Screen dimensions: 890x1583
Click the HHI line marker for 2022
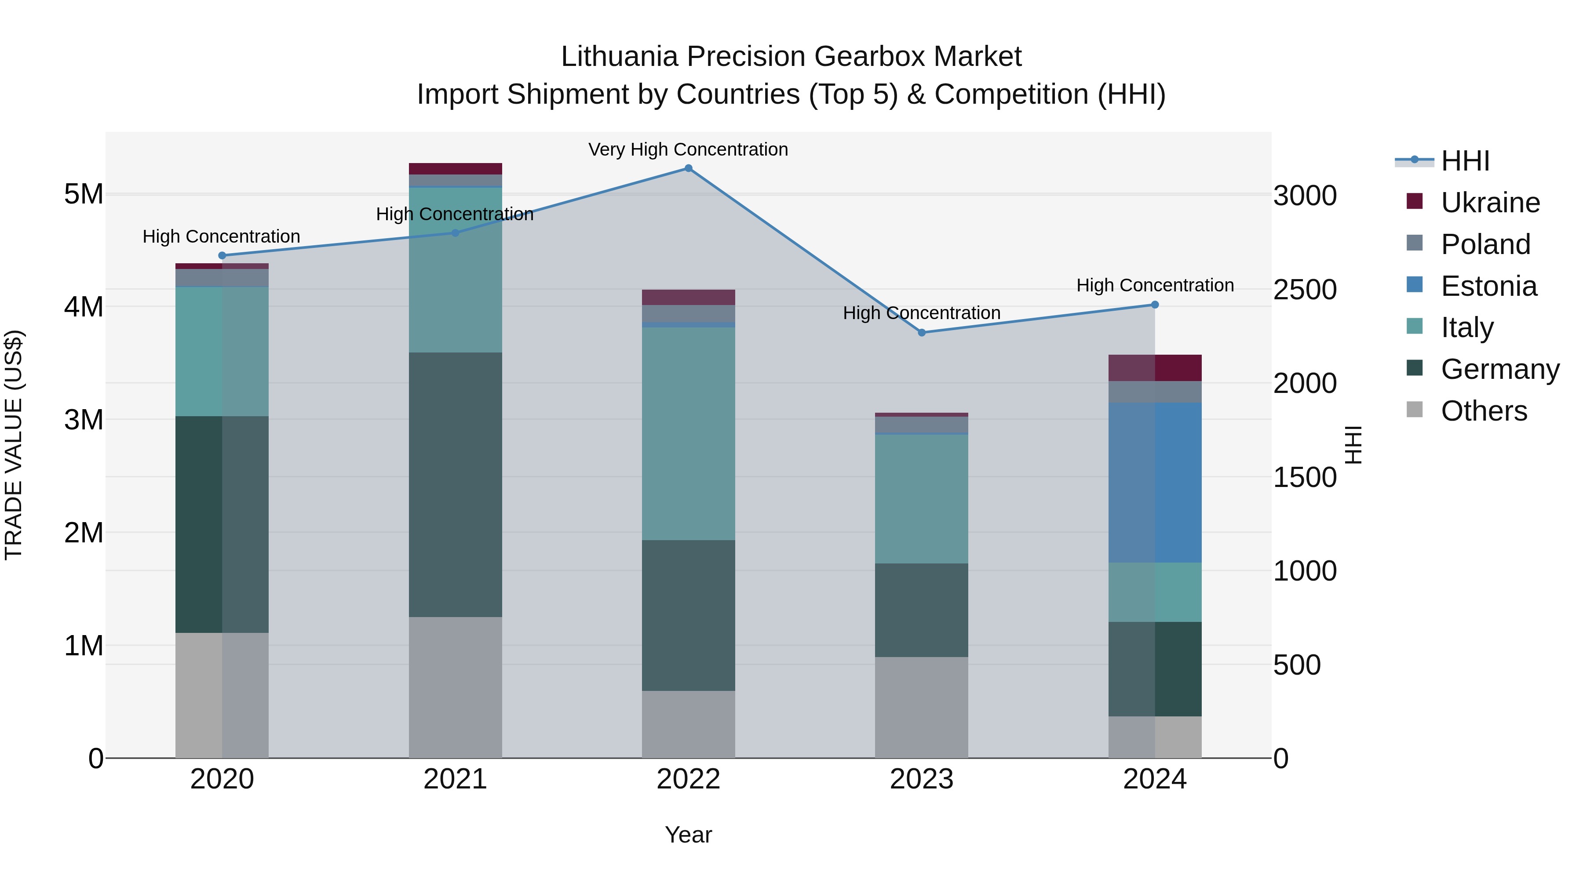tap(688, 168)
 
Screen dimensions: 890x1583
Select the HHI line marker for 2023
tap(921, 333)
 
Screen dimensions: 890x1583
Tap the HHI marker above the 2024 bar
tap(1155, 305)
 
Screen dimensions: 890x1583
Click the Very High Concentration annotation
tap(688, 149)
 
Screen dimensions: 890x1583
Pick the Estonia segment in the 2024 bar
tap(1155, 482)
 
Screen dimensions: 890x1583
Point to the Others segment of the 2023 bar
tap(921, 707)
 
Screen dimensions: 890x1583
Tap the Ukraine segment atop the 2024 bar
tap(1155, 367)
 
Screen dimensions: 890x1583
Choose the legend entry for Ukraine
tap(1490, 203)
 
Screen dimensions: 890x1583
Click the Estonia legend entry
tap(1488, 286)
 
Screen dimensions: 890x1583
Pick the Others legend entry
tap(1484, 411)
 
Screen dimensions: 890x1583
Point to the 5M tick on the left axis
tap(84, 194)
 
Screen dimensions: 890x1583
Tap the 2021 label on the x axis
tap(456, 779)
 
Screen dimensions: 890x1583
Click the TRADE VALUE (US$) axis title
tap(14, 445)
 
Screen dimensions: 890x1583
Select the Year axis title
tap(688, 835)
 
